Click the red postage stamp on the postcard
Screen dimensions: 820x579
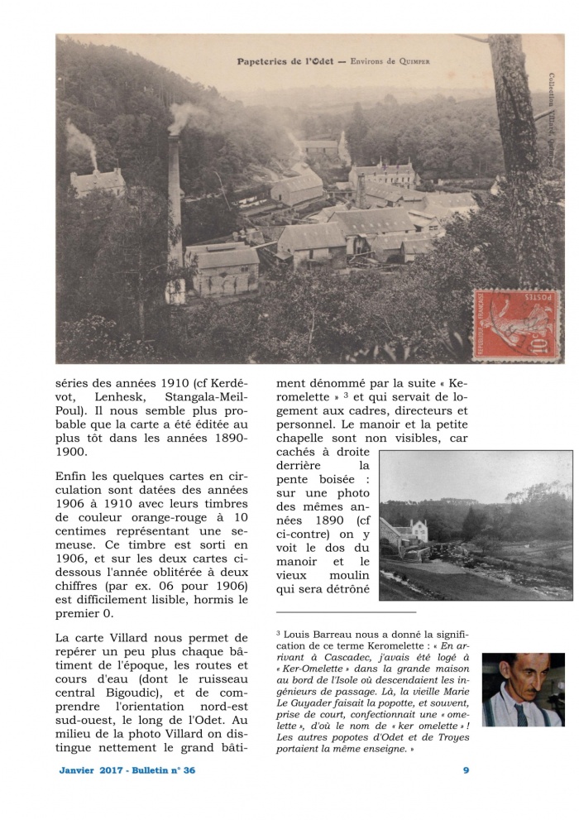(x=516, y=324)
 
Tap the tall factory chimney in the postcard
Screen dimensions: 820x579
(x=175, y=207)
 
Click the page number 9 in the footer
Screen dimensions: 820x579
(x=467, y=770)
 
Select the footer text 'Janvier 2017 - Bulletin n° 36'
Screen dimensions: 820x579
(x=127, y=770)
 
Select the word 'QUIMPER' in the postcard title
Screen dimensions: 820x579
(x=411, y=61)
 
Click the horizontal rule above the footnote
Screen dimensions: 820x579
(x=346, y=612)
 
